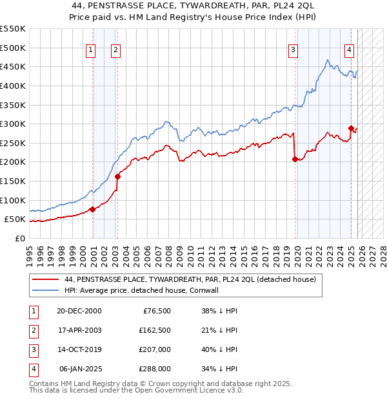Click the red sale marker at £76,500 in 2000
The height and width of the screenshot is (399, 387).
tap(93, 209)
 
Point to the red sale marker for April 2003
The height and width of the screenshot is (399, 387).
tap(117, 176)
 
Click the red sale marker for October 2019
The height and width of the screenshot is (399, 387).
tap(295, 159)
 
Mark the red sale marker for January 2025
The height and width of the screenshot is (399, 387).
tap(351, 128)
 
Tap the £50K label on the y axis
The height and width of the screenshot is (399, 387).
tap(15, 219)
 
